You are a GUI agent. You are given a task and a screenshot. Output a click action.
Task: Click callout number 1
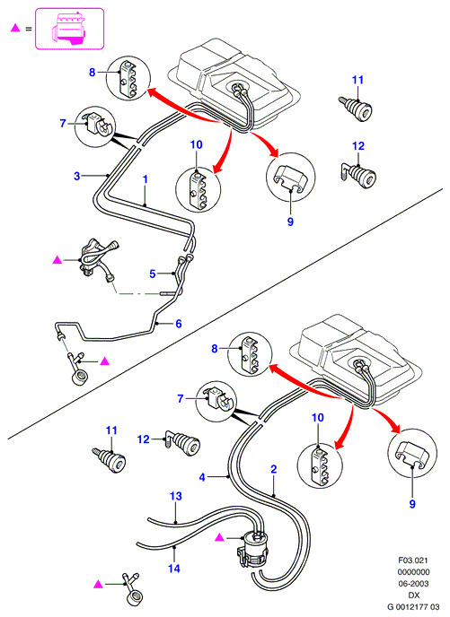(145, 179)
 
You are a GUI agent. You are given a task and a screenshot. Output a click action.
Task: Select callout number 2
(273, 469)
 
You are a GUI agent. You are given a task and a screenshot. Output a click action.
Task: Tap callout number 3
(77, 176)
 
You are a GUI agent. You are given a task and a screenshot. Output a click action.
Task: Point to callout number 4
(202, 477)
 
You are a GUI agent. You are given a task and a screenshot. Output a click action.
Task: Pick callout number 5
(153, 274)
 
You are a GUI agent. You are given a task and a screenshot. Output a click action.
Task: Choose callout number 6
(179, 324)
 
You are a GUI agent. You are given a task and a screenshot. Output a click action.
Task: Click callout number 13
(176, 496)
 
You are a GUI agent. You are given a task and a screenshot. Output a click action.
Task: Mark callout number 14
(173, 569)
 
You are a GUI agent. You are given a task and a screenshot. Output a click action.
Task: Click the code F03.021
(413, 560)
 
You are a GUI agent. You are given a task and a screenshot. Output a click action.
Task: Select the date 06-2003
(413, 583)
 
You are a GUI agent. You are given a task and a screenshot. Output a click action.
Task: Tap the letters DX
(414, 595)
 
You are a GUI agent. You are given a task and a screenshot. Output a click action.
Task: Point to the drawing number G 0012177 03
(413, 607)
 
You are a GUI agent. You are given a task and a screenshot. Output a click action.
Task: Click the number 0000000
(413, 572)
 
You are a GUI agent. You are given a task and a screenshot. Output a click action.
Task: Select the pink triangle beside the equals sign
(15, 28)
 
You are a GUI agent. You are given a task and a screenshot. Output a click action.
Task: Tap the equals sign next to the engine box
(29, 29)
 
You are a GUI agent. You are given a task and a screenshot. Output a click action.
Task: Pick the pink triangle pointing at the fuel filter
(220, 537)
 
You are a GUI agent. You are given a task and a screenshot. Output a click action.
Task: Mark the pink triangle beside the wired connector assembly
(57, 259)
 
